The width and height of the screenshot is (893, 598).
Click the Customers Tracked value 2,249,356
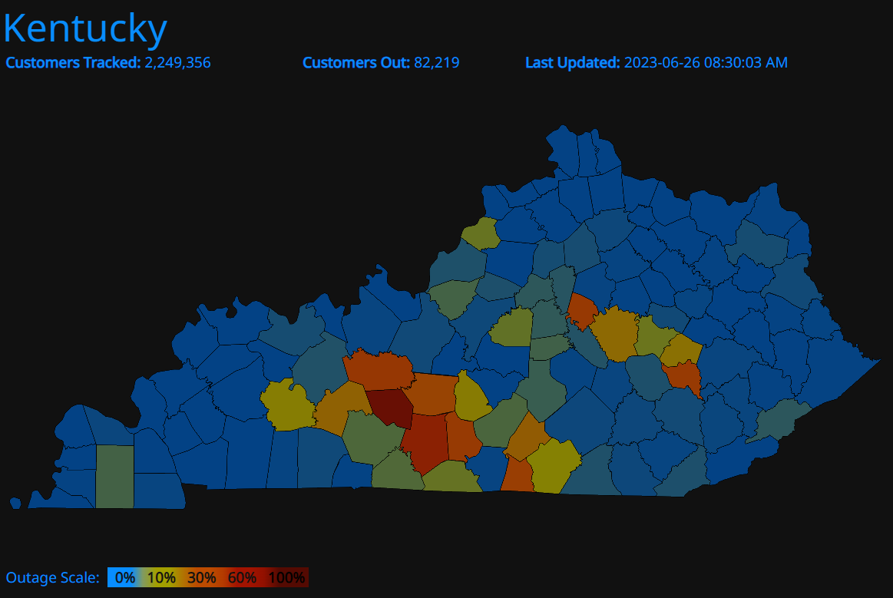point(177,63)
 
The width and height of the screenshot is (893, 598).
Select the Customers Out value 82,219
point(436,63)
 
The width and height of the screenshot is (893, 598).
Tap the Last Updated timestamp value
point(706,63)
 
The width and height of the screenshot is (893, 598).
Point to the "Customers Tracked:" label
point(74,63)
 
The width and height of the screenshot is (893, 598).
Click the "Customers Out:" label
point(356,63)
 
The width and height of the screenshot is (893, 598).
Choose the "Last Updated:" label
point(572,63)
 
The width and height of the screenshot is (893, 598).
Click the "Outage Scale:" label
point(52,577)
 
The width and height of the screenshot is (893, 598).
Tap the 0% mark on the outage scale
point(125,577)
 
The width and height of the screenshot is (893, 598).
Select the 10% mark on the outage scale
point(161,577)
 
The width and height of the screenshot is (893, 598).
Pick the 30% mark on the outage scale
point(201,577)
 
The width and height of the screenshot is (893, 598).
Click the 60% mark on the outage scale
point(242,577)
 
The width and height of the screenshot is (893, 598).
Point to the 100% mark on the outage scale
point(287,577)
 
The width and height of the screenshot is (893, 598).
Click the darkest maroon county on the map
point(390,408)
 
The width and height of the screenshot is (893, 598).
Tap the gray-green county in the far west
point(114,476)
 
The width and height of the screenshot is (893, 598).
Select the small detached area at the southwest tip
point(15,503)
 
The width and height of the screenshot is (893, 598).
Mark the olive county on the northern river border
point(481,233)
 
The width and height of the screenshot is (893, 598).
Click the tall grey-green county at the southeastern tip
point(781,423)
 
